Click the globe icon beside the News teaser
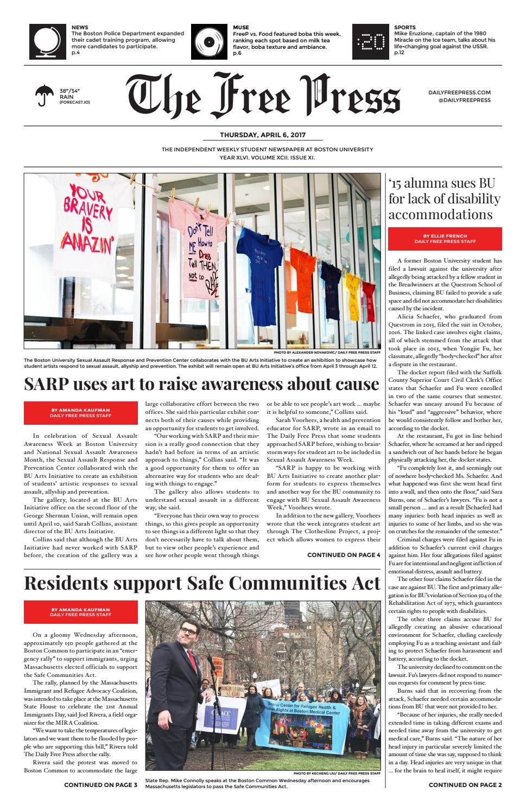(47, 42)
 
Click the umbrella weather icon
(44, 95)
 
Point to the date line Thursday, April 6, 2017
(263, 135)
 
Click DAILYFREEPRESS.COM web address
(459, 93)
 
